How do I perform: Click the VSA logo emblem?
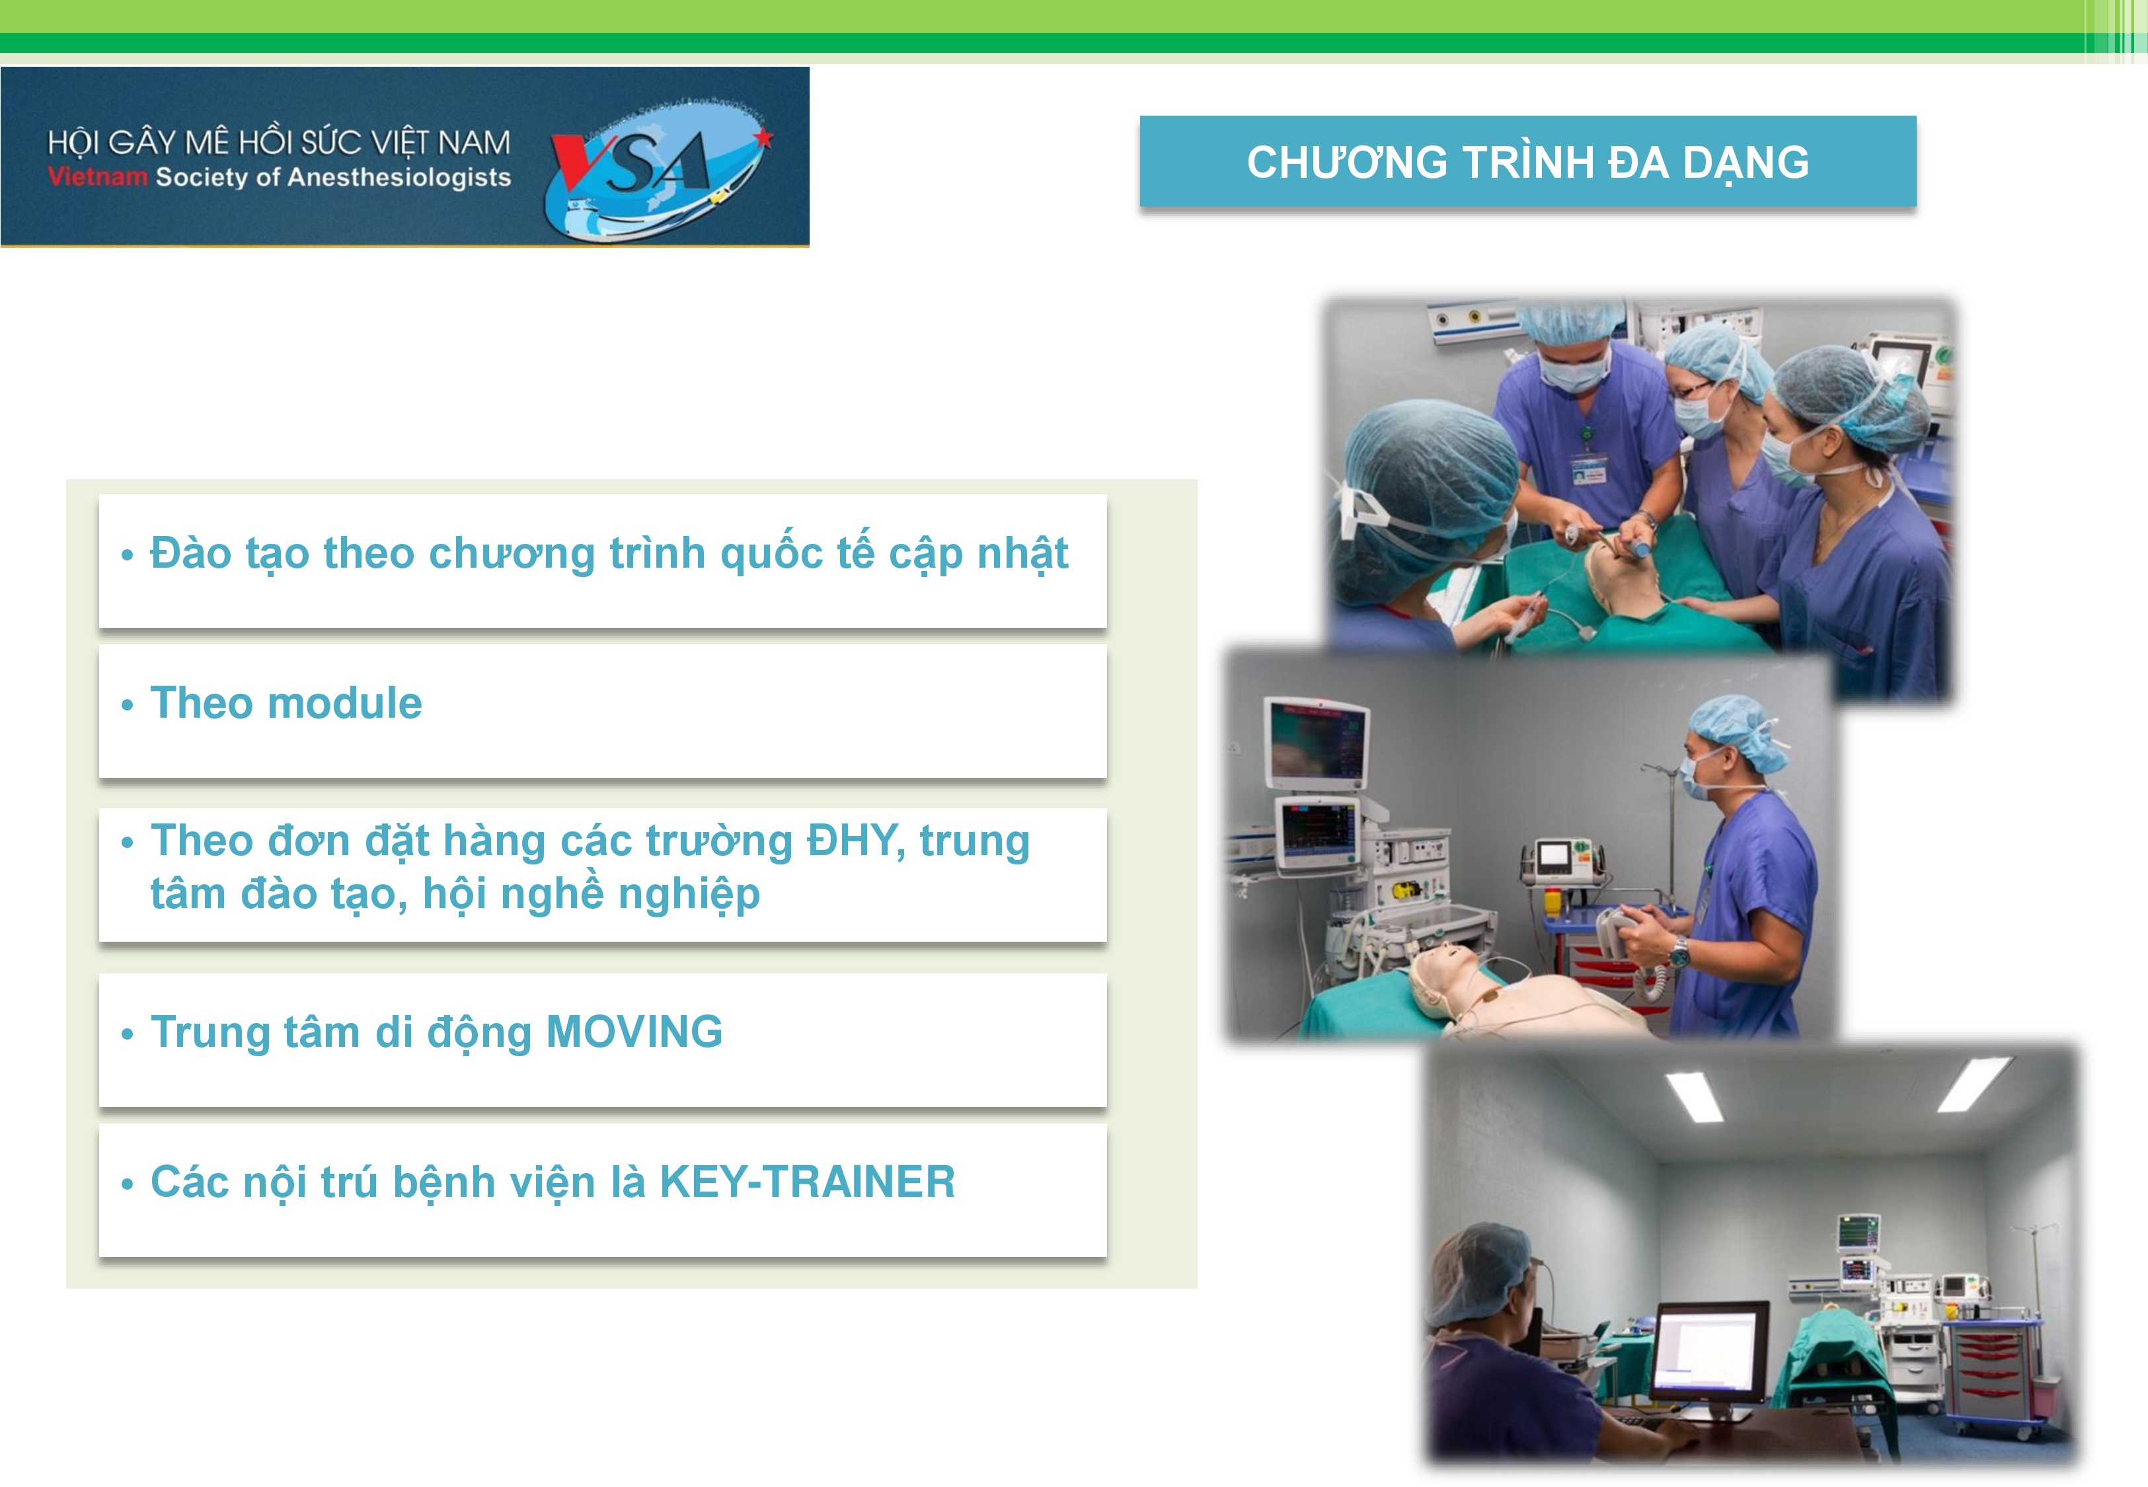(657, 168)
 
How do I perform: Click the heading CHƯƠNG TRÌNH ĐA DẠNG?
(1527, 162)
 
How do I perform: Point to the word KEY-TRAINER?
(807, 1182)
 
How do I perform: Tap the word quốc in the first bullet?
(771, 553)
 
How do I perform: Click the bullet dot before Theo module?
(128, 705)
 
